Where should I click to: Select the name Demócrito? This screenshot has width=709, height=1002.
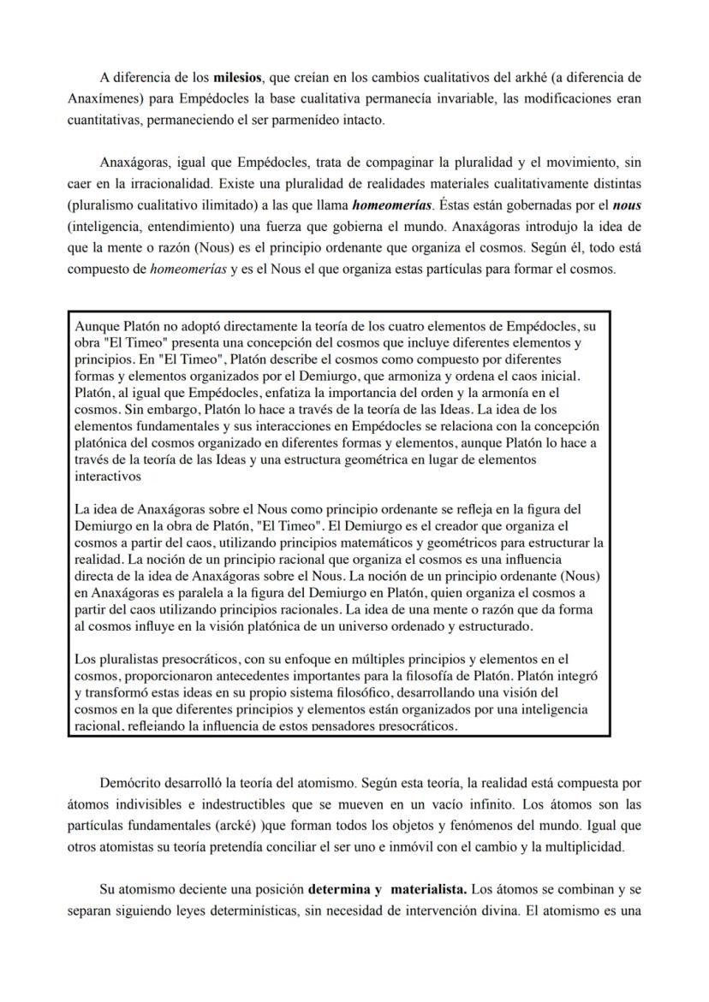130,783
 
